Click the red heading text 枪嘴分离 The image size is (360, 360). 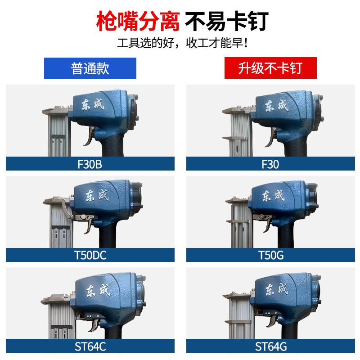tap(138, 21)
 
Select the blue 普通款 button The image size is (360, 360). tap(90, 68)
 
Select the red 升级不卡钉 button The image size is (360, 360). tap(270, 68)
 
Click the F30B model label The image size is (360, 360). tap(90, 164)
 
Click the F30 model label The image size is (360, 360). tap(270, 164)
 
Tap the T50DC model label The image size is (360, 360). tap(90, 256)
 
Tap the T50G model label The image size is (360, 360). tap(270, 256)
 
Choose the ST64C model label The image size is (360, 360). tap(90, 346)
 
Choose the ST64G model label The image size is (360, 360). tap(270, 346)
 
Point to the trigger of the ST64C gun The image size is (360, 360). tap(95, 325)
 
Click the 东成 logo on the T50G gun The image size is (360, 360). tap(274, 195)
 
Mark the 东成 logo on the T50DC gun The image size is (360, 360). tap(97, 195)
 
